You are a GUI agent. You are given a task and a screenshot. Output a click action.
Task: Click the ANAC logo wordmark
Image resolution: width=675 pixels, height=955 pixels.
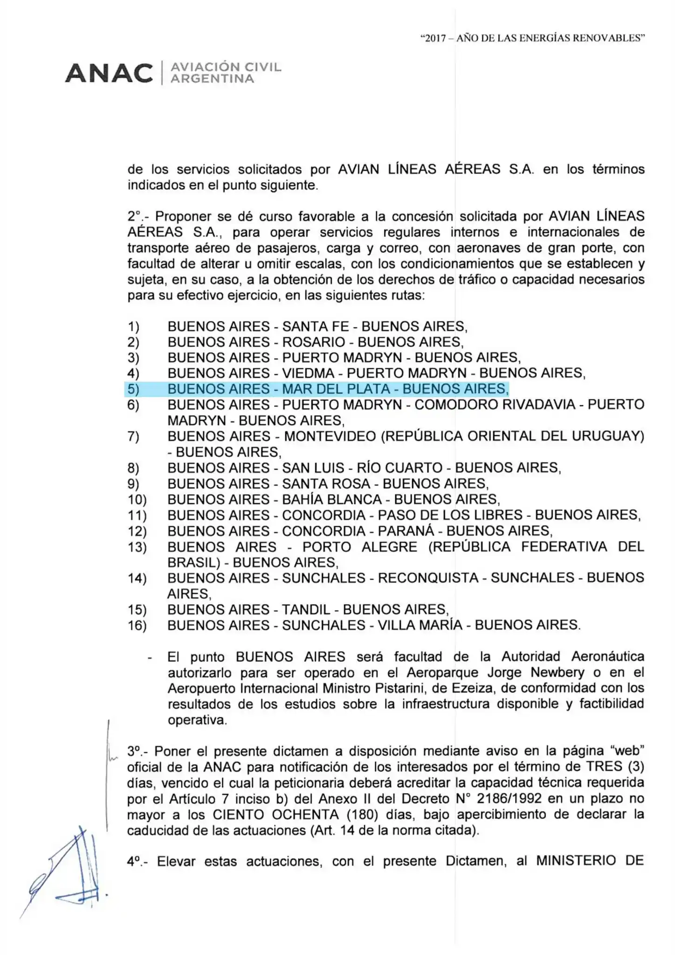point(109,73)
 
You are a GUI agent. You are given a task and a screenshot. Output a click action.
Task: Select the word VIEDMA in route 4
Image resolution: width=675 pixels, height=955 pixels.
point(308,374)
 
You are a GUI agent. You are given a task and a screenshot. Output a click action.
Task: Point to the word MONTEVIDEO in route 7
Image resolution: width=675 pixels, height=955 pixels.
point(330,436)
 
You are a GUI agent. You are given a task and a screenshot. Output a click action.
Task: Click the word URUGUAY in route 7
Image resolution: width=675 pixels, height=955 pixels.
point(608,436)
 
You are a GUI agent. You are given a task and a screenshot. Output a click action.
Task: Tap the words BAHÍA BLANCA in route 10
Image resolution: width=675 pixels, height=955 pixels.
point(331,499)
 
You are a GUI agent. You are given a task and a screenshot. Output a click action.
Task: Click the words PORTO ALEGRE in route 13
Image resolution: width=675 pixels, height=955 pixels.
point(359,547)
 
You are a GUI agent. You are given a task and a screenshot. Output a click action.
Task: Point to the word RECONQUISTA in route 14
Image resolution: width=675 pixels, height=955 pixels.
point(428,578)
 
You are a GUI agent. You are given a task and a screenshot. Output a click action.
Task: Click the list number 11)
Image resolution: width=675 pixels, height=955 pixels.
point(137,516)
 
